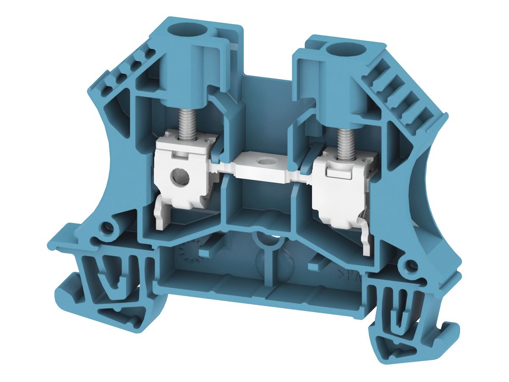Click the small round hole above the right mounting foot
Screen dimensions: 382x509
click(410, 267)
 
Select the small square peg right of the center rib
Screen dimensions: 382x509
click(314, 266)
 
